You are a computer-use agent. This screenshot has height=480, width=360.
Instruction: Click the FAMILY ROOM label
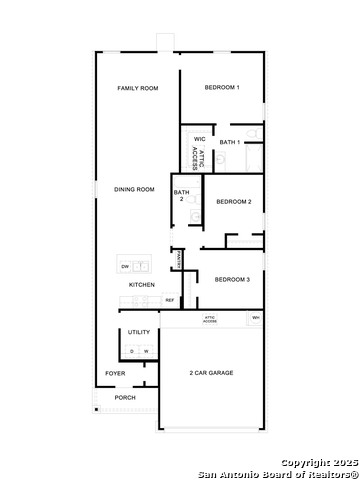138,89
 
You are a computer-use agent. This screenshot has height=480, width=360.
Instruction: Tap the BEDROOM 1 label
222,88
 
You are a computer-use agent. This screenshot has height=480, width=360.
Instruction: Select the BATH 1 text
230,142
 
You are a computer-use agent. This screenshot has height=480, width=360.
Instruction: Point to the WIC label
199,139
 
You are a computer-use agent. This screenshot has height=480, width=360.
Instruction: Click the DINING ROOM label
134,189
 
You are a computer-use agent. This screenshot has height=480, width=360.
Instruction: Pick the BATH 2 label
181,195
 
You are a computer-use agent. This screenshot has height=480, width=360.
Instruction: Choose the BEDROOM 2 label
233,202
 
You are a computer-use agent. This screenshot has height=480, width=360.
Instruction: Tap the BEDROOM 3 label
232,279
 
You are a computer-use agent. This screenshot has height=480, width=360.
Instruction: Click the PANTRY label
178,259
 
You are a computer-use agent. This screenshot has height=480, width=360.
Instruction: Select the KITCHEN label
142,285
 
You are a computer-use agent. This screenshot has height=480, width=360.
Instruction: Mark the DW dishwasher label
125,267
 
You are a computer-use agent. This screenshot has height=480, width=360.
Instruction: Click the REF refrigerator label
170,300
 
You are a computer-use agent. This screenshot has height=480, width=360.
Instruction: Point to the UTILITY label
139,332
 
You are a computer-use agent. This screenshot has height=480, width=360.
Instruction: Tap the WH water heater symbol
256,318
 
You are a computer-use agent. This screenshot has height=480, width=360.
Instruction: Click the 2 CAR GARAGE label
212,373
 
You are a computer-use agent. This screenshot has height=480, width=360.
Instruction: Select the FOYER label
116,374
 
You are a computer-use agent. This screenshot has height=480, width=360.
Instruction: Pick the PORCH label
125,398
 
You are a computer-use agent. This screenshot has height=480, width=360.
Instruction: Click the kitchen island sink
141,267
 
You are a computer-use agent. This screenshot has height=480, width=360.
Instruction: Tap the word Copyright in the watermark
303,462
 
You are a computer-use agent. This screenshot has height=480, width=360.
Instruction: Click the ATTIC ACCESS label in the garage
210,320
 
